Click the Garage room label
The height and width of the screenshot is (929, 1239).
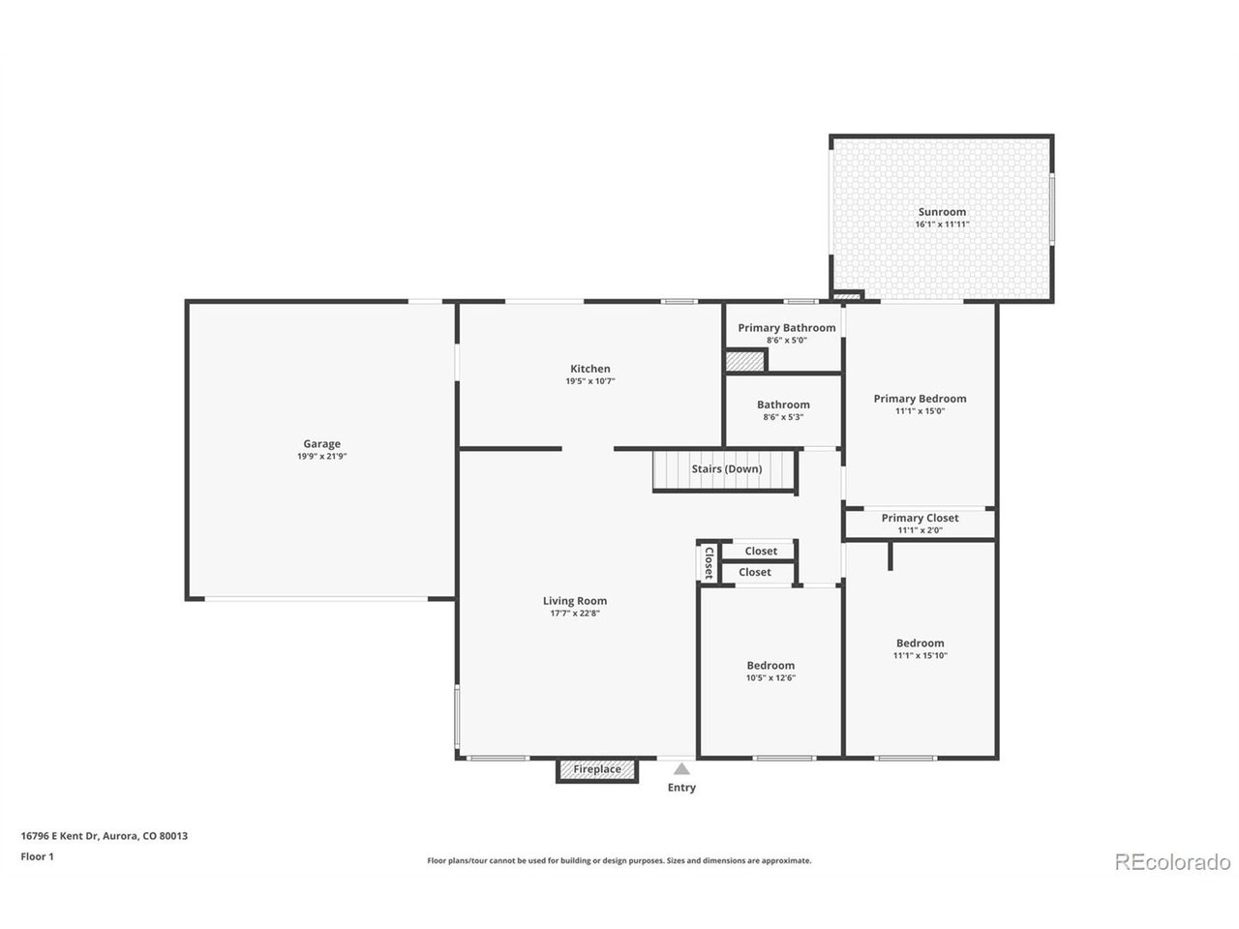click(x=321, y=444)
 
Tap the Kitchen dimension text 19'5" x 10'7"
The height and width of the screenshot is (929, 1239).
click(x=589, y=381)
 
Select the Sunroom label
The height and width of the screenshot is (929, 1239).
click(x=942, y=212)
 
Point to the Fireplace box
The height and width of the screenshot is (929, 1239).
click(x=596, y=770)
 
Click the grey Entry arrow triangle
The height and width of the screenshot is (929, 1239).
click(x=681, y=768)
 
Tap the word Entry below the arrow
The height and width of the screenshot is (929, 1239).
click(x=681, y=788)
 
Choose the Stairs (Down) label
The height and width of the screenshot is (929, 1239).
click(x=727, y=468)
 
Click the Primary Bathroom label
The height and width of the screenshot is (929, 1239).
click(x=786, y=328)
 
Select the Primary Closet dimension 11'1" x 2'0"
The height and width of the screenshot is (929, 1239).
click(x=920, y=530)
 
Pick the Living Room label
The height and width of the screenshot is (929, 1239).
click(x=575, y=601)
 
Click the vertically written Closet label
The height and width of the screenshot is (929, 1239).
click(x=709, y=562)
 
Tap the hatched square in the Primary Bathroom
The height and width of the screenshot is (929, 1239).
click(x=744, y=362)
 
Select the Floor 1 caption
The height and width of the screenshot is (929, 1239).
click(x=37, y=856)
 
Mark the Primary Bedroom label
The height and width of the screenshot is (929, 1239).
click(x=920, y=399)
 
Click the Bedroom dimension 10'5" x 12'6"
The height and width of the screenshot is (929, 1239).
click(x=771, y=678)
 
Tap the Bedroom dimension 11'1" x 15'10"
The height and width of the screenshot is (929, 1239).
click(x=920, y=655)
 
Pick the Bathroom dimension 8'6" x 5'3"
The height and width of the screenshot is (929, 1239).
click(x=783, y=417)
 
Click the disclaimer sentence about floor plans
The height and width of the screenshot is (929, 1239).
click(x=619, y=860)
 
